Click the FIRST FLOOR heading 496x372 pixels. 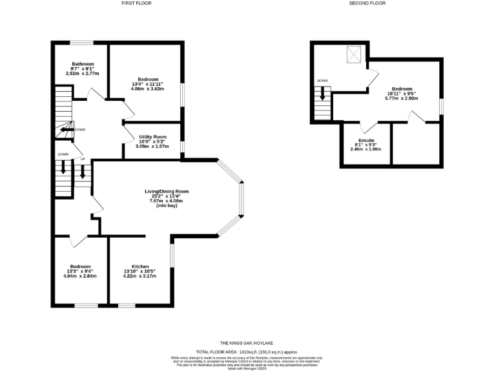[x=136, y=3]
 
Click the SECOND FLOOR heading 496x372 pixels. [x=367, y=3]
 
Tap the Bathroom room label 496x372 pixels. [x=83, y=64]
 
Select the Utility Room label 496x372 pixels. [x=152, y=137]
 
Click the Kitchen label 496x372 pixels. [x=140, y=267]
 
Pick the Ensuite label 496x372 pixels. [x=366, y=140]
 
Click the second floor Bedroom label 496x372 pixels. [x=402, y=89]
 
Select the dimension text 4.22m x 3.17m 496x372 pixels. [x=140, y=276]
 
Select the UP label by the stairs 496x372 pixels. [x=83, y=158]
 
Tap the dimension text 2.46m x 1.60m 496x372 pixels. [x=366, y=149]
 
